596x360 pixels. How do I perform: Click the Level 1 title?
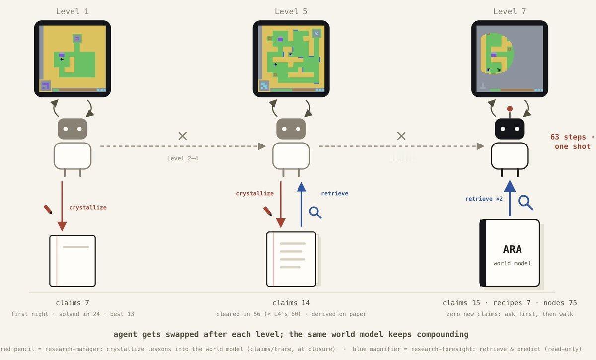(x=73, y=11)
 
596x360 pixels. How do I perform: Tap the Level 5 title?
(x=291, y=11)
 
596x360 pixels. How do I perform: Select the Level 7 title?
(x=510, y=11)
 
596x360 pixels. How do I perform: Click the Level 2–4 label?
(x=183, y=158)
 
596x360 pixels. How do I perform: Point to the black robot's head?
(x=510, y=129)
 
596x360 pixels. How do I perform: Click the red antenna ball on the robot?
(x=510, y=109)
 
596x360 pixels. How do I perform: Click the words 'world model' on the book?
(x=512, y=263)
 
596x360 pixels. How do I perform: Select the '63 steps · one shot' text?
(x=572, y=142)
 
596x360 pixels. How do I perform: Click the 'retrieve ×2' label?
(x=484, y=199)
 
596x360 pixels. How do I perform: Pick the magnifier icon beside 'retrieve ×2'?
(x=525, y=203)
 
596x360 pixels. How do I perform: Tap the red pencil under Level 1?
(x=48, y=209)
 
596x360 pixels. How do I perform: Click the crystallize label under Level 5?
(x=255, y=193)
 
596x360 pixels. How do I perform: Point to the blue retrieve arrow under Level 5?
(x=301, y=205)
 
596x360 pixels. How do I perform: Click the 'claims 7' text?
(x=73, y=303)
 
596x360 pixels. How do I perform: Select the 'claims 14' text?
(x=291, y=303)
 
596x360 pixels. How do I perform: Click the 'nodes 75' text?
(x=560, y=303)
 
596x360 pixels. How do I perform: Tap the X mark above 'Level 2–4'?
(x=183, y=136)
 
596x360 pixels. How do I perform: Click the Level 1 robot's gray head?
(x=73, y=129)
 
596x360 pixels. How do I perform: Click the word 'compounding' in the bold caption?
(x=443, y=334)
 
